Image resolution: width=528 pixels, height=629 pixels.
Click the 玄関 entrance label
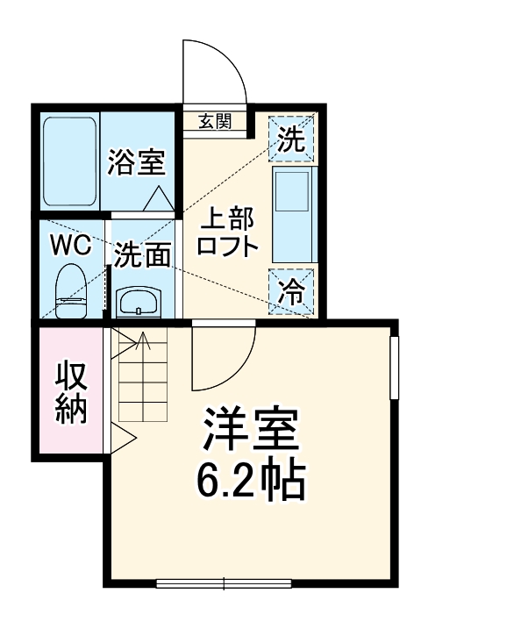click(x=213, y=122)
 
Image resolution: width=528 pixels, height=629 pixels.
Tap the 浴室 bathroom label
click(x=137, y=162)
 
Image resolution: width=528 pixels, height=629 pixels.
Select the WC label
click(x=70, y=246)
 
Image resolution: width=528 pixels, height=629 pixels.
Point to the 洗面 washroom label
click(x=143, y=254)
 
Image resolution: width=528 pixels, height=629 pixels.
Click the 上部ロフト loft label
click(x=227, y=232)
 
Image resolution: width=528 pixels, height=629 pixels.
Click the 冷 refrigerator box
click(x=291, y=291)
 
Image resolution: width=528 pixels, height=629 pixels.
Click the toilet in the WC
click(x=71, y=293)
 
